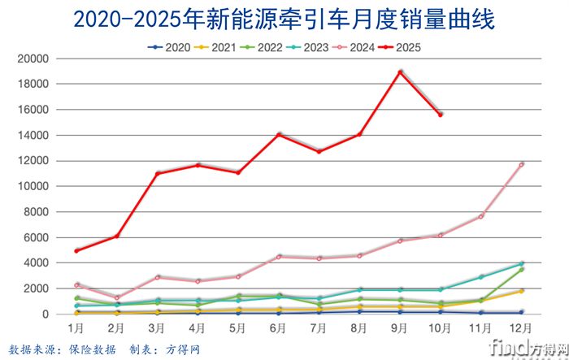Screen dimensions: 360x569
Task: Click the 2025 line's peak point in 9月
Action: click(x=400, y=72)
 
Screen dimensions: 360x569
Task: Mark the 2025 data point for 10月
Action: click(x=441, y=115)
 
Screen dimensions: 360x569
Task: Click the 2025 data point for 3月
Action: click(x=158, y=173)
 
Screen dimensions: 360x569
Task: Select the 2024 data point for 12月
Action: click(x=521, y=164)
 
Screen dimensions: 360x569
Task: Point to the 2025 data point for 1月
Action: click(x=76, y=250)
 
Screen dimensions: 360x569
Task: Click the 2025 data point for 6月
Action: click(x=279, y=134)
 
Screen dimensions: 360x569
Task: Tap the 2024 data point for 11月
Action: click(x=481, y=216)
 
